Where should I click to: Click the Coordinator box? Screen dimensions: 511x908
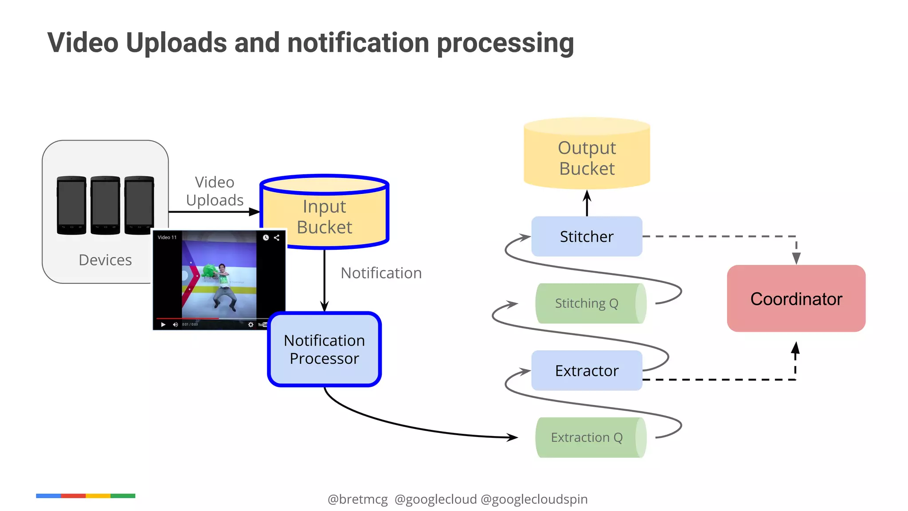[x=796, y=299]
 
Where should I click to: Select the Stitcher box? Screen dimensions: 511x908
[x=587, y=236]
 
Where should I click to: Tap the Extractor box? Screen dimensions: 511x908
[x=587, y=370]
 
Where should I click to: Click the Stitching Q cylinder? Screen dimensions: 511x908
[x=587, y=303]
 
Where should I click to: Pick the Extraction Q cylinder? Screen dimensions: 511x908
[x=587, y=437]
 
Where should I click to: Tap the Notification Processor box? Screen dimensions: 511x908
[x=325, y=349]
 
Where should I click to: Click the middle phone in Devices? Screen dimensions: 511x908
[x=105, y=205]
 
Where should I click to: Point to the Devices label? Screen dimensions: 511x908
[x=105, y=260]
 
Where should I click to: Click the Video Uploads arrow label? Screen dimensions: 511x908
[x=215, y=191]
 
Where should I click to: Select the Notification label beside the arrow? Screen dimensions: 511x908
[x=381, y=273]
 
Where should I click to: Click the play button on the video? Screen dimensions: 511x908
[x=163, y=325]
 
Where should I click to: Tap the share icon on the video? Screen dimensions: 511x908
[x=277, y=238]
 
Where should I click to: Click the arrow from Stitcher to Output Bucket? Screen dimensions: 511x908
[x=587, y=203]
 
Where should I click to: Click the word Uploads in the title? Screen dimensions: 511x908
[x=176, y=43]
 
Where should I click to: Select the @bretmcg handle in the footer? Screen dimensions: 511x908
[x=357, y=499]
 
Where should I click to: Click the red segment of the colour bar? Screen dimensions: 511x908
[x=73, y=496]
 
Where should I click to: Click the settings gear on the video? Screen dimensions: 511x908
[x=251, y=325]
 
